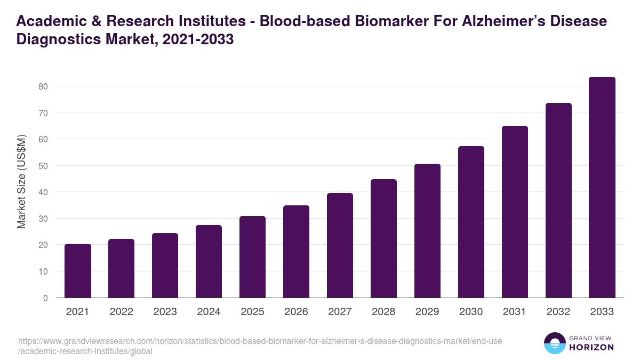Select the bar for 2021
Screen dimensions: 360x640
pyautogui.click(x=78, y=271)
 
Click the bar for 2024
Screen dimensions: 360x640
pyautogui.click(x=209, y=261)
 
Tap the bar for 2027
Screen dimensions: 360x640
pyautogui.click(x=340, y=245)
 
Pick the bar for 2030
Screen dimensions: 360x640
pyautogui.click(x=471, y=222)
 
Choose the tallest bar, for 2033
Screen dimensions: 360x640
pyautogui.click(x=602, y=187)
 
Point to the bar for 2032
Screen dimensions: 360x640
pyautogui.click(x=558, y=201)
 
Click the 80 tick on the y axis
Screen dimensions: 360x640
pyautogui.click(x=43, y=86)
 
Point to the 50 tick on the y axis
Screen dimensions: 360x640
pyautogui.click(x=43, y=166)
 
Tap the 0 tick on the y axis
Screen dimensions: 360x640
pyautogui.click(x=45, y=298)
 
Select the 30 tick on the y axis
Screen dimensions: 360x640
pyautogui.click(x=43, y=219)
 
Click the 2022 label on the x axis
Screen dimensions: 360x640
pyautogui.click(x=122, y=312)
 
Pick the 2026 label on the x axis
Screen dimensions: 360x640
pyautogui.click(x=296, y=312)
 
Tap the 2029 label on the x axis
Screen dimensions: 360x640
pyautogui.click(x=427, y=312)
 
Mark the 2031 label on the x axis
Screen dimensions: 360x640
pyautogui.click(x=515, y=312)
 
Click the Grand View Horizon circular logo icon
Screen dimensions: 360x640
pyautogui.click(x=554, y=343)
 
